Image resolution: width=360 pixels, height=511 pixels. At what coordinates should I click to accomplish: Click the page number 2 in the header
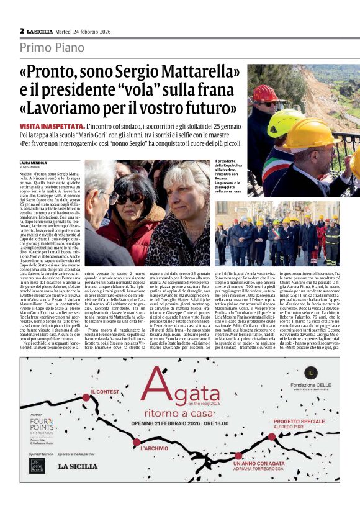pos(22,30)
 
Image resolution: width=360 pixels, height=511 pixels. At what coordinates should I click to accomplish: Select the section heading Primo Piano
pos(52,47)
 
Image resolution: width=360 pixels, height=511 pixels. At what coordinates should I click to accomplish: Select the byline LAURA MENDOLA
pos(32,163)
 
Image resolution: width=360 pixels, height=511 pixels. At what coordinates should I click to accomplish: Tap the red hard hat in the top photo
pos(266,94)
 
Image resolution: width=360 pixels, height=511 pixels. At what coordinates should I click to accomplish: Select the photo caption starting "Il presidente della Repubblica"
pos(229,177)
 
